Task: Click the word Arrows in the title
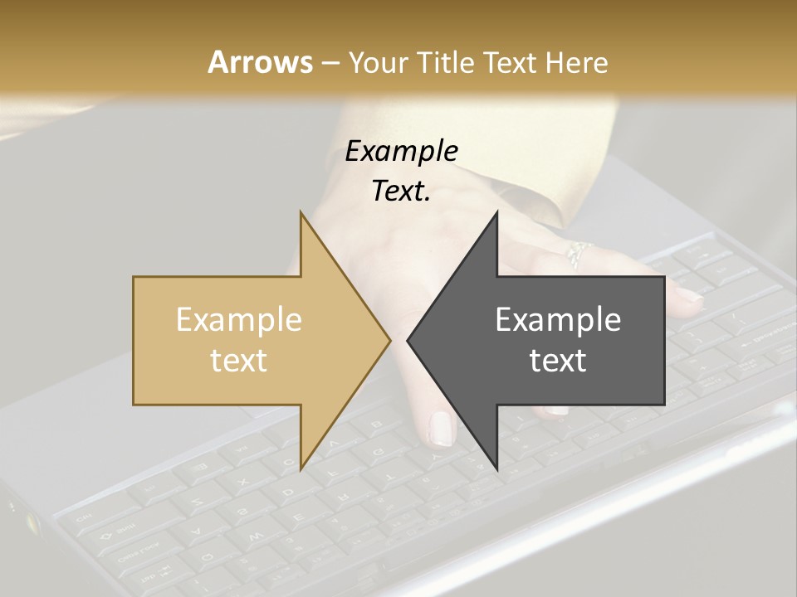(260, 62)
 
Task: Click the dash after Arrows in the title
(330, 63)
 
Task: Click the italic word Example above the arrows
(401, 152)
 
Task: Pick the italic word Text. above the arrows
(401, 192)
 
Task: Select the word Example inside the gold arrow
(238, 320)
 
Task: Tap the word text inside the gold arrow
(238, 360)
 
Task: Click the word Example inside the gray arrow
(558, 320)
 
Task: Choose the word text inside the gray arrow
(558, 360)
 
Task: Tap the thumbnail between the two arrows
(440, 428)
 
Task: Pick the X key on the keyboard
(242, 483)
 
